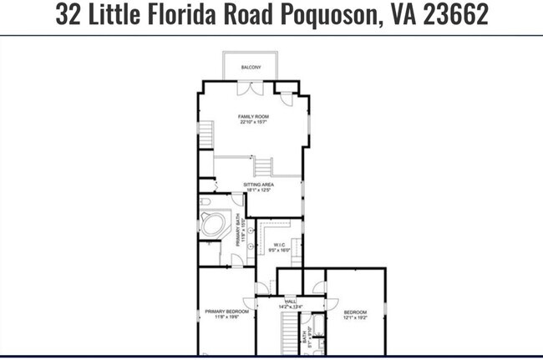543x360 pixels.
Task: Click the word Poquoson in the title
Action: (309, 16)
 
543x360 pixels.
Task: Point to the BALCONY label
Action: (251, 67)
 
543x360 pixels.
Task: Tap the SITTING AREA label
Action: (258, 185)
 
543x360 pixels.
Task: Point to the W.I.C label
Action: (280, 245)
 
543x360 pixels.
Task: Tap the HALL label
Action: (291, 302)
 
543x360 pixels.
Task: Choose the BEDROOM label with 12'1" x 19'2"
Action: (355, 312)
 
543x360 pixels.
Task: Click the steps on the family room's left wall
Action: (205, 134)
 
